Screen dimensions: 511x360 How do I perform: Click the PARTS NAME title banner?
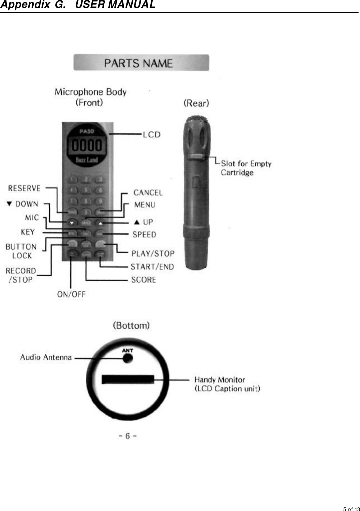[141, 63]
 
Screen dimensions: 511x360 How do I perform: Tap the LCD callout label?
[152, 135]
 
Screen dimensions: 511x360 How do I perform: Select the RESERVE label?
[24, 188]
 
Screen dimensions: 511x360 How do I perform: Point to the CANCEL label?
[148, 193]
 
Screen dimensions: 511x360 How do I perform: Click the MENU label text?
[145, 205]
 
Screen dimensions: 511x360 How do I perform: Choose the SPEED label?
[144, 235]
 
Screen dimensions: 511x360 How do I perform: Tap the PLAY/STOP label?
[153, 254]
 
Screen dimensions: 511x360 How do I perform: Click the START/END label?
[152, 267]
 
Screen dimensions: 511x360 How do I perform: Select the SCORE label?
[143, 280]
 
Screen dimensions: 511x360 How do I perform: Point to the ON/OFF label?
[71, 295]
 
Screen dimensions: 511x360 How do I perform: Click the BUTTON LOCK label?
[21, 251]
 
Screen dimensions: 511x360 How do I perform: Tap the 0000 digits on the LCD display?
[87, 146]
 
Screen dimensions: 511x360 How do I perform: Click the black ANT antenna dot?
[128, 358]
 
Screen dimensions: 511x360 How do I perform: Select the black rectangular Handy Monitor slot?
[128, 379]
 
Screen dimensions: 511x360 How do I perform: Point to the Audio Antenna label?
[46, 357]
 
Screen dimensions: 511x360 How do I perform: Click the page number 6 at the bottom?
[128, 436]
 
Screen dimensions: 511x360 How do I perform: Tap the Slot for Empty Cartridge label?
[246, 168]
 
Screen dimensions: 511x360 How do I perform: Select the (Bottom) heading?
[131, 326]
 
